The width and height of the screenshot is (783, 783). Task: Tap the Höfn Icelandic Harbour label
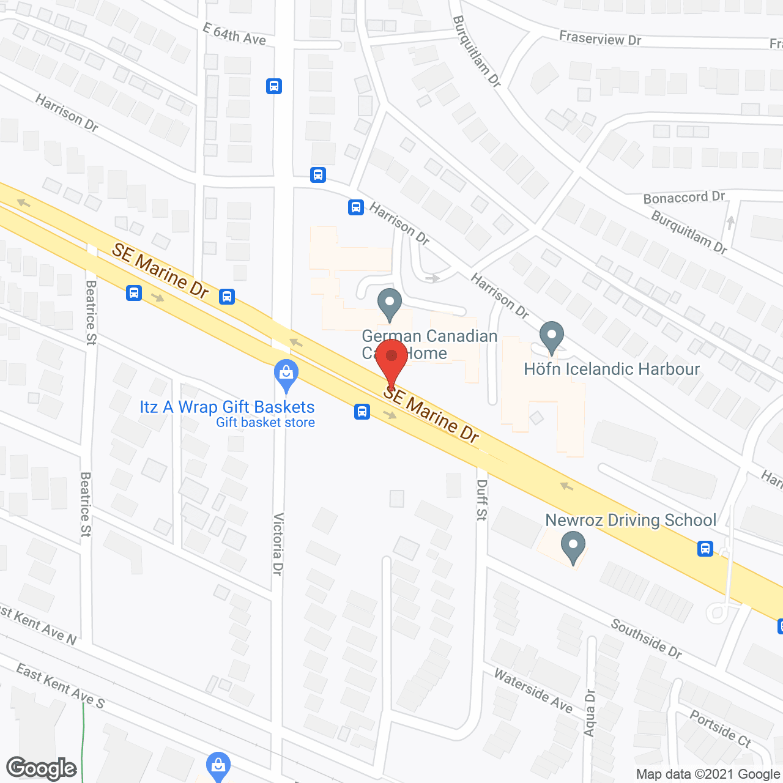pos(611,369)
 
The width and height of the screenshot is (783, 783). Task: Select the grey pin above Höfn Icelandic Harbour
pos(552,337)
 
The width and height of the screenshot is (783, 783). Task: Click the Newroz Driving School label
pos(630,520)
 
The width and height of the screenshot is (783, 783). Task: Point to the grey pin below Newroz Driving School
pos(573,547)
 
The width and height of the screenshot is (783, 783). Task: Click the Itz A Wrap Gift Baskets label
pos(227,407)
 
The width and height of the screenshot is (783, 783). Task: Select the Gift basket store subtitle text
pos(265,422)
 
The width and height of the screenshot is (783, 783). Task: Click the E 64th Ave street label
pos(234,34)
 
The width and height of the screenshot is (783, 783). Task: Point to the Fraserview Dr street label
pos(599,39)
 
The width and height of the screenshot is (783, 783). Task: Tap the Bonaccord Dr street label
pos(683,198)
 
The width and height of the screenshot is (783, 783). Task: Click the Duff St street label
pos(482,500)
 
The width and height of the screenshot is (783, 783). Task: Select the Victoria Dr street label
pos(278,544)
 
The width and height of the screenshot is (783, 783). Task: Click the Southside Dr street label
pos(646,639)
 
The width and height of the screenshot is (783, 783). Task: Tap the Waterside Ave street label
pos(533,691)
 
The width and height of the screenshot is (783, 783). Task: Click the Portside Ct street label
pos(720,728)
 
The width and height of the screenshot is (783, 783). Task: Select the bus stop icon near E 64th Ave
pos(274,86)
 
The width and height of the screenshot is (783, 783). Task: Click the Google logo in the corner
pos(42,768)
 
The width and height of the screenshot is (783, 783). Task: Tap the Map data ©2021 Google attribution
pos(708,774)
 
